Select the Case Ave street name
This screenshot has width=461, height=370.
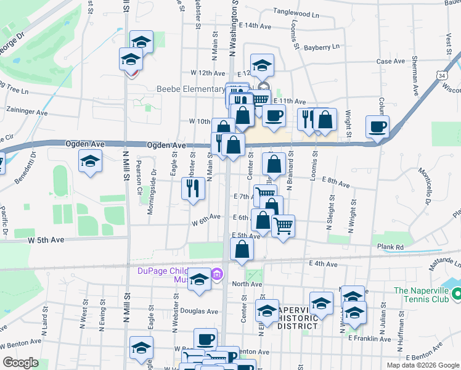(390, 62)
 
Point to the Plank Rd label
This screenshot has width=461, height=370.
(390, 247)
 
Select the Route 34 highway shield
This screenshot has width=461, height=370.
(442, 75)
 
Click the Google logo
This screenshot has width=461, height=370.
(20, 363)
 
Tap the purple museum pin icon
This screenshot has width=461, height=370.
(217, 274)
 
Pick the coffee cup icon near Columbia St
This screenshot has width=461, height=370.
(378, 127)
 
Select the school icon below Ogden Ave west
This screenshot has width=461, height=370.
(91, 162)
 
